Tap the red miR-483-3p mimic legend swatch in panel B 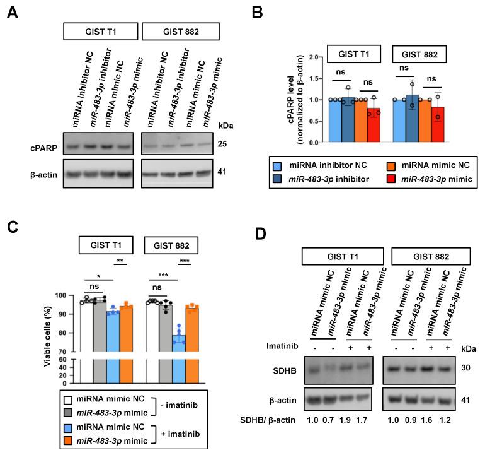379,180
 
